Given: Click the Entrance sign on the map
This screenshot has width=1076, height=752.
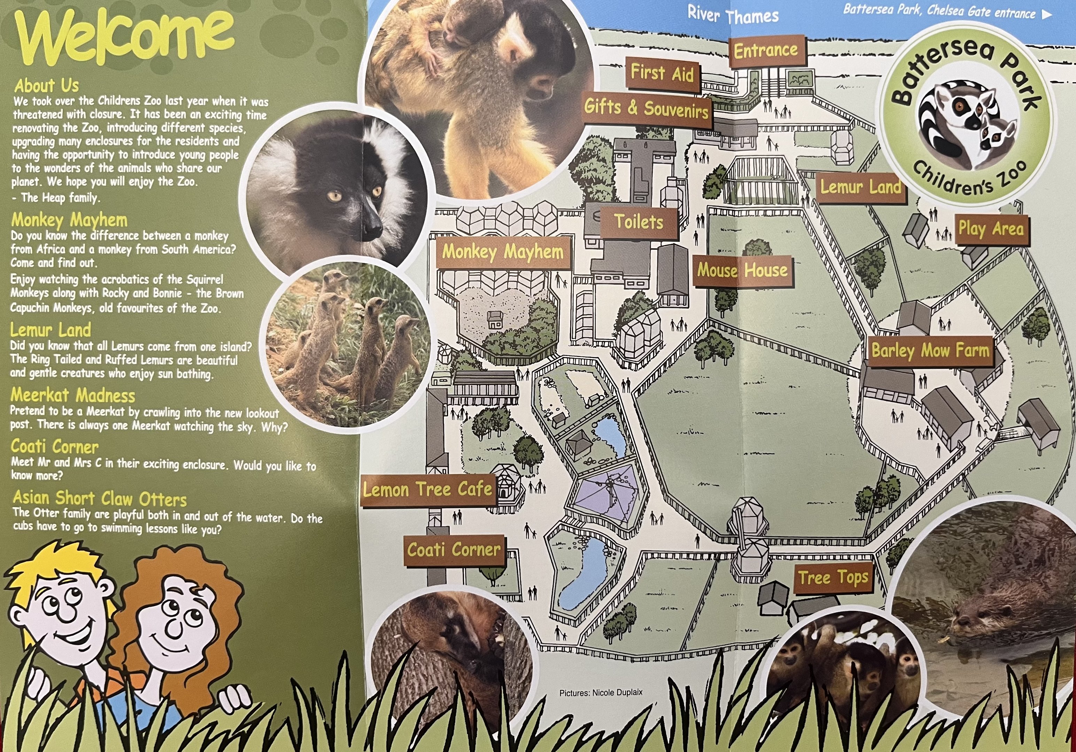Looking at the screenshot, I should pos(767,50).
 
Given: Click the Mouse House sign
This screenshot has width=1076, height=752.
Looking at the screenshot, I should pos(742,271).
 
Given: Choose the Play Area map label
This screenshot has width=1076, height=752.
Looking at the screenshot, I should pos(991,229).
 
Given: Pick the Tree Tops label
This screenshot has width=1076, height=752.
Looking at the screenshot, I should pos(833,577).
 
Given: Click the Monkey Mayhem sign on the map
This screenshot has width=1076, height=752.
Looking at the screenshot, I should pos(503,252).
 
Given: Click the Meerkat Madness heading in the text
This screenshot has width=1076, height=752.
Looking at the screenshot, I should pos(73,395).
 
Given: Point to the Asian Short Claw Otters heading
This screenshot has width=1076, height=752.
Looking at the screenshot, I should pos(100,498).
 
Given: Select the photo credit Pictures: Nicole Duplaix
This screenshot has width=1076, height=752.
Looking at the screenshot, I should pos(600,692).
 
